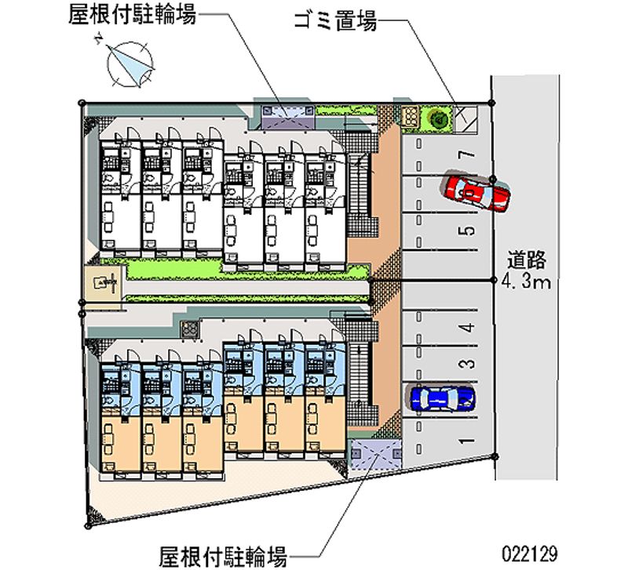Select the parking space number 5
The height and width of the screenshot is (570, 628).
click(x=467, y=231)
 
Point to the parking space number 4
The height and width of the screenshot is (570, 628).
click(x=467, y=329)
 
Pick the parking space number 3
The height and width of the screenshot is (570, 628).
click(x=467, y=363)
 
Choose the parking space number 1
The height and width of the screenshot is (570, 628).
click(x=467, y=441)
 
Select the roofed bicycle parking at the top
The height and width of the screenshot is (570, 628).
click(x=287, y=114)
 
